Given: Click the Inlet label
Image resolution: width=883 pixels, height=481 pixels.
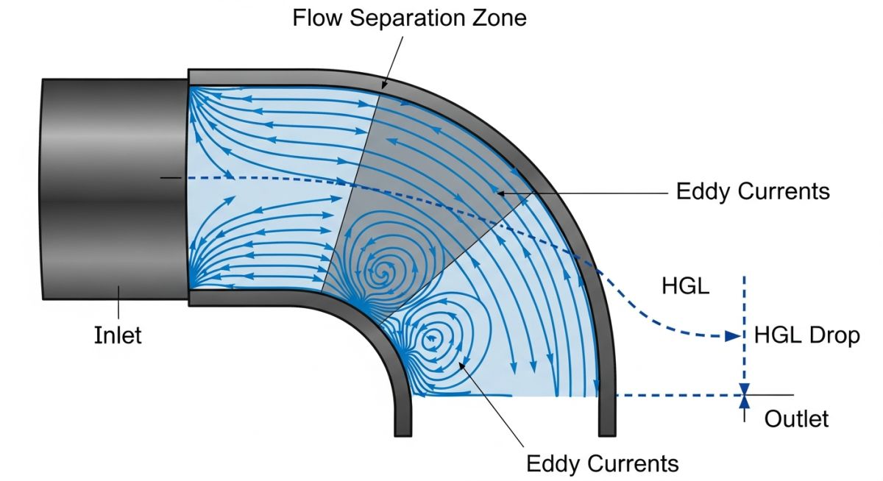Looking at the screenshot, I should pos(118,335).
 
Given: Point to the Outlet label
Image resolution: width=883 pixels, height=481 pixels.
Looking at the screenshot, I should pos(796,419).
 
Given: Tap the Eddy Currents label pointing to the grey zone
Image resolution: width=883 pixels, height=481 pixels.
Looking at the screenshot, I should pos(753,192).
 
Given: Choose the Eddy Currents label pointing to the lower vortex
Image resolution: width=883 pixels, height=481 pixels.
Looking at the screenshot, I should pos(602,464).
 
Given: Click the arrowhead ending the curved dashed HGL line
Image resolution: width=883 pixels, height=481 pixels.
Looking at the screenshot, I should pos(731,336).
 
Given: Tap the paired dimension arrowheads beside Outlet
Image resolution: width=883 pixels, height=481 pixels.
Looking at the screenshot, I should pos(745,396).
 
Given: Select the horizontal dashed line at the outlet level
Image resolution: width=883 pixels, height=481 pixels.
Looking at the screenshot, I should pos(677,396).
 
